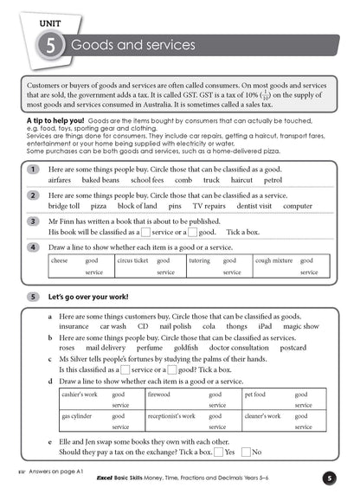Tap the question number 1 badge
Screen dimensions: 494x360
coord(32,170)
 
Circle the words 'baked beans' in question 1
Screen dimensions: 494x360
coord(100,181)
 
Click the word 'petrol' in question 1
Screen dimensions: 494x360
coord(273,181)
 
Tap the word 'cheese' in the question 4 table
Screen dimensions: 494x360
coord(60,260)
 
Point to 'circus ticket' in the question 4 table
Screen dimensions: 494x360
coord(132,260)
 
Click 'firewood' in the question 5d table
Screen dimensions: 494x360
coord(159,394)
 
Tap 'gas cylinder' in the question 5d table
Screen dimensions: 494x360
coord(78,415)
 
